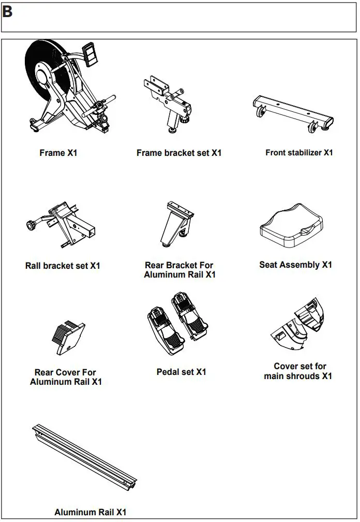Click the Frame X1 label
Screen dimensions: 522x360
tap(58, 153)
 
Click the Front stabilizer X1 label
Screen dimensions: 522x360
tap(299, 153)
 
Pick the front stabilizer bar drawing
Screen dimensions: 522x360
tap(293, 111)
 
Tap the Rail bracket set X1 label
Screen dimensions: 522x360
tap(63, 266)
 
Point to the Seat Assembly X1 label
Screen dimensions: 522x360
tap(295, 265)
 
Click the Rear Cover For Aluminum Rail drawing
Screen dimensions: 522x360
tap(68, 337)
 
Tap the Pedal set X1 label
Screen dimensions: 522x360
tap(181, 372)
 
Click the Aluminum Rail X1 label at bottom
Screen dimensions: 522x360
tap(91, 512)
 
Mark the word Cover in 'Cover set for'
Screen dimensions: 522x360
tap(287, 366)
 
